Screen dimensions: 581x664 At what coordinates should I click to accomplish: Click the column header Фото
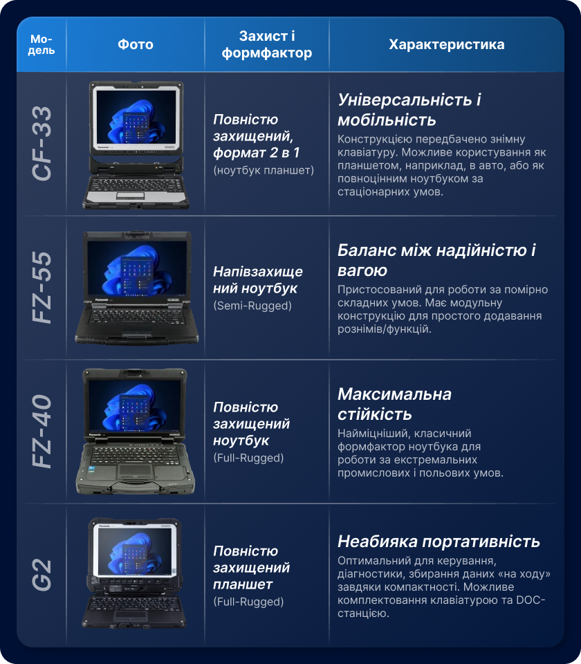[136, 44]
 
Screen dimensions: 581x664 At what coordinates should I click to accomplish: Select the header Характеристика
[447, 44]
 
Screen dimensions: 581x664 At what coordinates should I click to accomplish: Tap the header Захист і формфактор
[267, 44]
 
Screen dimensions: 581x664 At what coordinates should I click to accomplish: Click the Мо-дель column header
[41, 44]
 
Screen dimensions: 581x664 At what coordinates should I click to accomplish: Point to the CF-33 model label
[42, 144]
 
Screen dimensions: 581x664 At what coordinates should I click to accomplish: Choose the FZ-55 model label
[42, 288]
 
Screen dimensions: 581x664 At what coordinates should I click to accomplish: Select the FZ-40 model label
[42, 432]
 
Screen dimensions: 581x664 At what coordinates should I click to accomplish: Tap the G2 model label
[42, 575]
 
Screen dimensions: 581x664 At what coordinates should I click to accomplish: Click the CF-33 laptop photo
[136, 145]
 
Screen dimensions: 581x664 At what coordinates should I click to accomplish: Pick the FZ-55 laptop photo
[136, 288]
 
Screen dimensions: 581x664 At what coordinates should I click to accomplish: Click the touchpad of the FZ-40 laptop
[135, 470]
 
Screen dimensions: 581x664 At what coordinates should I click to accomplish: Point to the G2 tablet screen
[135, 551]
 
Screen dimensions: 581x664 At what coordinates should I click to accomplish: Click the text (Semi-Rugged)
[252, 306]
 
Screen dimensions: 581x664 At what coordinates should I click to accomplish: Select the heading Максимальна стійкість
[395, 404]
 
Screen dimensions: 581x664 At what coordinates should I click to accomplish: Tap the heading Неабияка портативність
[439, 542]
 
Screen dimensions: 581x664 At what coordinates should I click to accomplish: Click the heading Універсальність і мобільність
[409, 110]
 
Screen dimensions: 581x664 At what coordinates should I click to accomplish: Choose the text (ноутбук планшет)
[264, 170]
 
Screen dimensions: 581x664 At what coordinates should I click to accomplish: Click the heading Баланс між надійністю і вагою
[436, 260]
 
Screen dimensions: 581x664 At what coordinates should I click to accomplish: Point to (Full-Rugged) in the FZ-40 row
[248, 458]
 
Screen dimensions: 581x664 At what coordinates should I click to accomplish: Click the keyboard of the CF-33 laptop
[136, 185]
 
